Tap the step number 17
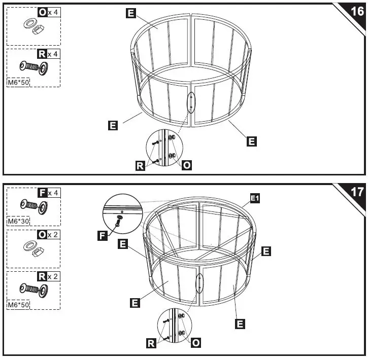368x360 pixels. (x=355, y=193)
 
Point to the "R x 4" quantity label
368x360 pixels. (x=49, y=54)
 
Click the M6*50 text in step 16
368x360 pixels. (x=18, y=82)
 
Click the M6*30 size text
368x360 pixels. (x=18, y=221)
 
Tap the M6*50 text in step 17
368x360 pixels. (x=18, y=305)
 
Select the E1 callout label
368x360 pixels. (x=255, y=199)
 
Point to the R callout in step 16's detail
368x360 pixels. (x=140, y=165)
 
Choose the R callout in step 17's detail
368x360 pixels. (x=151, y=343)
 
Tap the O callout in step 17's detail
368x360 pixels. (x=196, y=343)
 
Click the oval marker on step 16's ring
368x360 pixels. (x=191, y=102)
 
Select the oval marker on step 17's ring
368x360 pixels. (x=199, y=284)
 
